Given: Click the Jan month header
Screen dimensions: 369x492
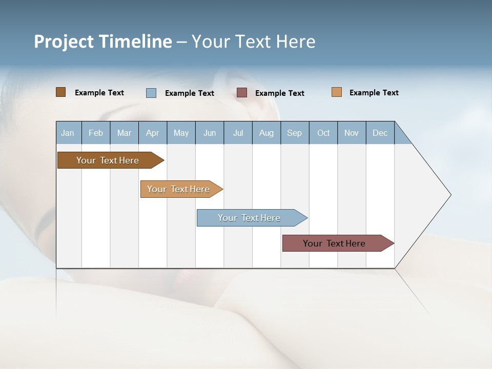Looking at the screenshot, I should click(68, 133).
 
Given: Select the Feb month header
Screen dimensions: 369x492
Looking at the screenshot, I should click(96, 133).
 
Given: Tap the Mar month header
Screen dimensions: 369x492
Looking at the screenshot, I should click(124, 133).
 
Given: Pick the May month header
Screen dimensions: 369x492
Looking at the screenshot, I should click(181, 133).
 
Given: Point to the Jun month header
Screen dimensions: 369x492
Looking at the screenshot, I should click(210, 133).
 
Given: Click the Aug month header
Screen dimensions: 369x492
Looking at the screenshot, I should click(266, 133).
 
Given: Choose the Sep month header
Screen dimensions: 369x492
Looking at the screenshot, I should click(295, 133).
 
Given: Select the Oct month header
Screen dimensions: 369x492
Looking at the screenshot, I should click(323, 133).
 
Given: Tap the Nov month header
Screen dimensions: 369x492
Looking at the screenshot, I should click(352, 133).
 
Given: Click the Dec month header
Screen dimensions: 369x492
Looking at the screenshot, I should click(380, 133).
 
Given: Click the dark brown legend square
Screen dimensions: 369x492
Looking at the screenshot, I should click(60, 92).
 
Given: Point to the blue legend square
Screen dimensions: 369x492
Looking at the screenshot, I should click(151, 93).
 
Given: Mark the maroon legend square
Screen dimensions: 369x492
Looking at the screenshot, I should click(242, 93).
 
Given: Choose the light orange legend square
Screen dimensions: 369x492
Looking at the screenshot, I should click(337, 92).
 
